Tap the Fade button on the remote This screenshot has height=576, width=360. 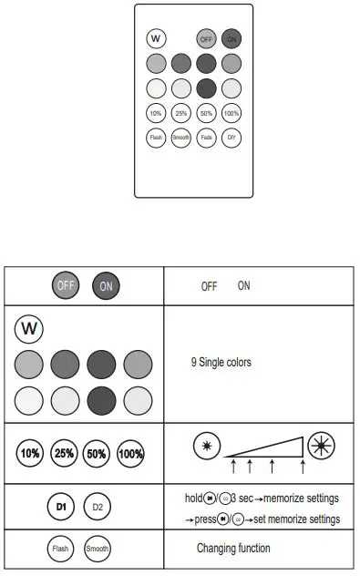coord(206,139)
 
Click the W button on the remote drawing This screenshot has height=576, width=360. coord(156,38)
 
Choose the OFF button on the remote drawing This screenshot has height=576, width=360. coord(206,39)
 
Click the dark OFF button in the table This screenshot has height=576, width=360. coord(66,285)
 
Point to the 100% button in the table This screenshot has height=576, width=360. coord(131,453)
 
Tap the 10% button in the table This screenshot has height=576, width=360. coord(30,453)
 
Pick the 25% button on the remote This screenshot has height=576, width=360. coord(180,114)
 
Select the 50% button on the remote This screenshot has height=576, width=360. coord(206,114)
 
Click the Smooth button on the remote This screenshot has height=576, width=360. coord(180,139)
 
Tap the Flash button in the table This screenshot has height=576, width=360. coord(60,550)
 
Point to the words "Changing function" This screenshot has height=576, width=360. coord(233,549)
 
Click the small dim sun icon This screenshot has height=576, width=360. coord(207,445)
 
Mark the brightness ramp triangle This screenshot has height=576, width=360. coord(273,447)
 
